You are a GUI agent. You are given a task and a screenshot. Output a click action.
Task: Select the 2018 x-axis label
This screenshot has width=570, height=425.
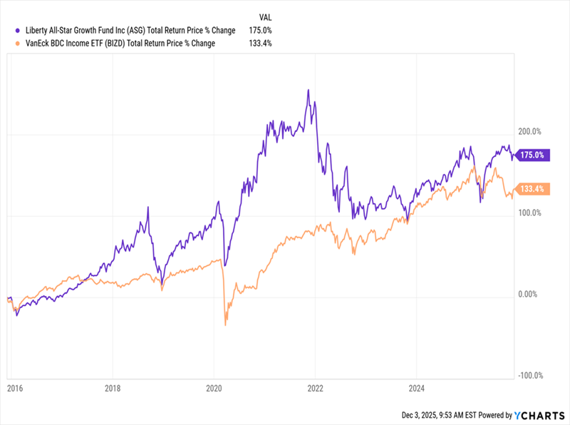(113, 389)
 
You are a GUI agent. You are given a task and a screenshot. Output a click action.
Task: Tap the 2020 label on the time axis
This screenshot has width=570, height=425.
(214, 389)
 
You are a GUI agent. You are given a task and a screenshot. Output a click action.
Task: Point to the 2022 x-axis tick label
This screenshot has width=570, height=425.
(316, 389)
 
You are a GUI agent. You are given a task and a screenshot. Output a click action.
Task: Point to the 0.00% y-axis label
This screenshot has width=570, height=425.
(528, 294)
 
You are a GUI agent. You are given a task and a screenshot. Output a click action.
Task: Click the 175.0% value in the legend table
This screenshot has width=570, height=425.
(260, 31)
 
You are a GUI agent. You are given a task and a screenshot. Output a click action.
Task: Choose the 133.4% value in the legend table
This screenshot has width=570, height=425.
(260, 43)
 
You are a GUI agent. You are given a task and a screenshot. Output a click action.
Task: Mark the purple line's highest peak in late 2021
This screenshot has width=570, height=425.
(308, 90)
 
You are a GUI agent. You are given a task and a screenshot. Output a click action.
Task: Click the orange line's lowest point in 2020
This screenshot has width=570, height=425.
(225, 325)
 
